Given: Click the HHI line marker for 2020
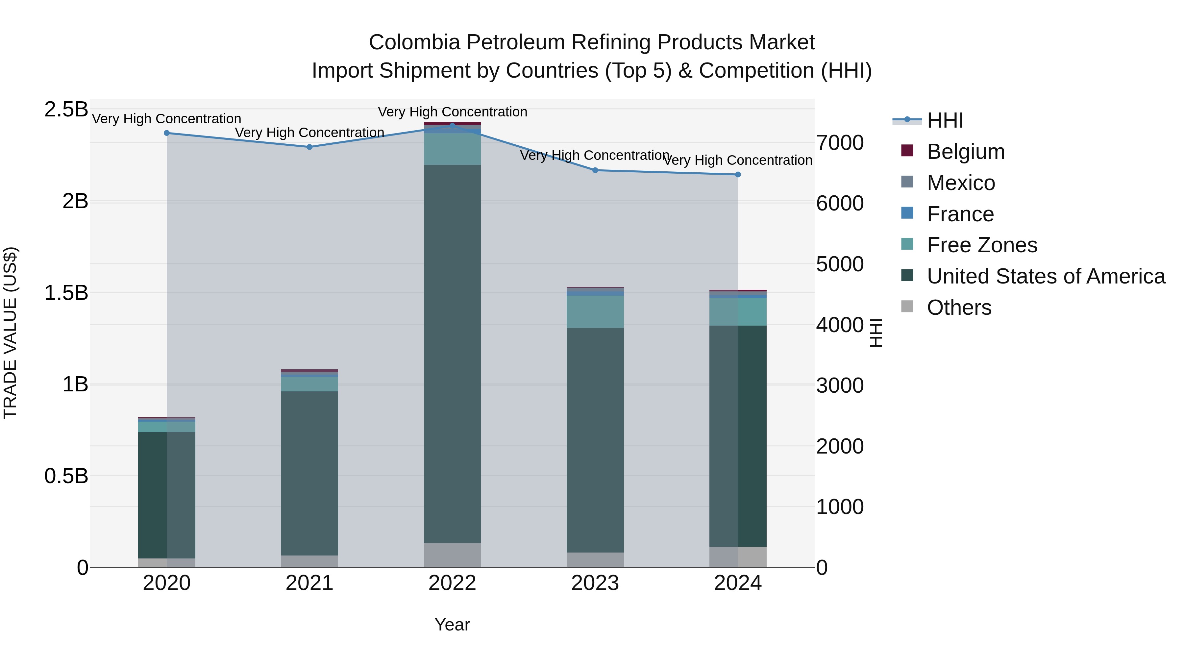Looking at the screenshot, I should pyautogui.click(x=167, y=133).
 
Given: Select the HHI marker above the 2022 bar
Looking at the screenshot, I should pyautogui.click(x=452, y=126).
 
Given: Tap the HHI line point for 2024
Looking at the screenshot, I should pyautogui.click(x=738, y=175).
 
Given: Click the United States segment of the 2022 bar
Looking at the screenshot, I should pyautogui.click(x=452, y=354).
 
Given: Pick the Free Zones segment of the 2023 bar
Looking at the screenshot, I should pyautogui.click(x=595, y=312).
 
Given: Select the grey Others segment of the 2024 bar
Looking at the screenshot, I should pyautogui.click(x=738, y=557).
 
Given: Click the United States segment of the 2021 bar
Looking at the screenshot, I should pyautogui.click(x=309, y=473).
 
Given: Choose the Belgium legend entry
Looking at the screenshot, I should pyautogui.click(x=965, y=152).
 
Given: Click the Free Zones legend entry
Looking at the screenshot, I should pyautogui.click(x=982, y=245).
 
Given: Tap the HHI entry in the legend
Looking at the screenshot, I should pyautogui.click(x=945, y=120).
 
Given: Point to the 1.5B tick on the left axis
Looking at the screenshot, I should pyautogui.click(x=66, y=293).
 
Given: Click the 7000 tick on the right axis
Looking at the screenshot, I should pyautogui.click(x=840, y=143).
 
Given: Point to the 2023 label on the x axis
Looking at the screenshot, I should pyautogui.click(x=595, y=583).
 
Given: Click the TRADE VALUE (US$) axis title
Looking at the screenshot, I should pyautogui.click(x=10, y=333).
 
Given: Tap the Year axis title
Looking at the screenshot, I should pyautogui.click(x=452, y=625).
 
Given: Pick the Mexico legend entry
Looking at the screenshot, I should pyautogui.click(x=961, y=183).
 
